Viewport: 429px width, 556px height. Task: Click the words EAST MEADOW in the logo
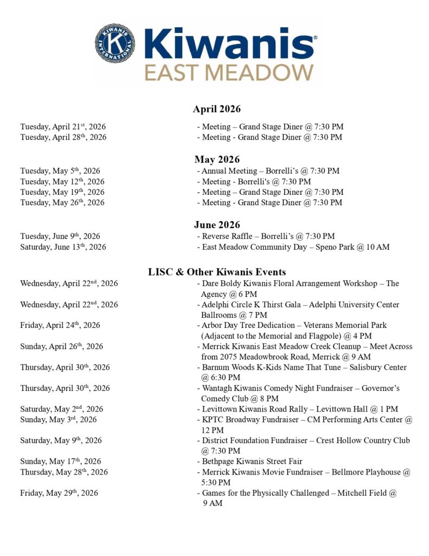229,72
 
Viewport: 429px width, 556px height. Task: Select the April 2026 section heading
216,109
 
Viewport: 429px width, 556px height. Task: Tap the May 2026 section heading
217,160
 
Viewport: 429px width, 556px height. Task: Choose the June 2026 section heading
217,225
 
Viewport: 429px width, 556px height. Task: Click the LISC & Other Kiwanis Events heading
217,272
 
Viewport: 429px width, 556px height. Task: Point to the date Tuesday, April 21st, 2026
63,127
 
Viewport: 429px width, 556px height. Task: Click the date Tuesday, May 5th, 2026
60,171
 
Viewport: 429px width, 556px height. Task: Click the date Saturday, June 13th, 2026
63,247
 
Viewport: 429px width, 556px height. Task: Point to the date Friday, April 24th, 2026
60,325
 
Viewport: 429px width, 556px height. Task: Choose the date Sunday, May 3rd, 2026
59,420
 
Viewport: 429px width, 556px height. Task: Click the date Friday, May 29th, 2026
59,493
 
